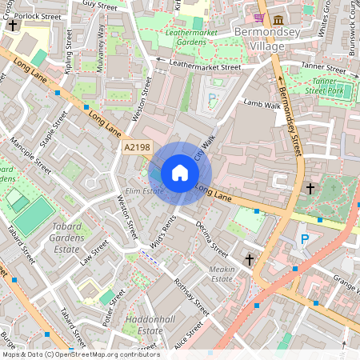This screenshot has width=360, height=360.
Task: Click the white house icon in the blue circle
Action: [x=180, y=173]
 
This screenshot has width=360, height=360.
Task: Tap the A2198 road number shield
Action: [x=138, y=147]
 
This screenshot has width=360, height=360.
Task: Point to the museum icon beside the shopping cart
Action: [x=278, y=18]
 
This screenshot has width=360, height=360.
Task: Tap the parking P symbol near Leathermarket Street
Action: [x=212, y=98]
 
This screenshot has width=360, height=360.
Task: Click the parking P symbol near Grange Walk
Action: [x=304, y=238]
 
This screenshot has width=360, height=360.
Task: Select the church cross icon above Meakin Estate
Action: [x=249, y=260]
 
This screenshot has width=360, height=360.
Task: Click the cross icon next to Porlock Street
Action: [x=12, y=25]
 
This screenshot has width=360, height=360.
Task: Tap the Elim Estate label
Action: [x=144, y=191]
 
